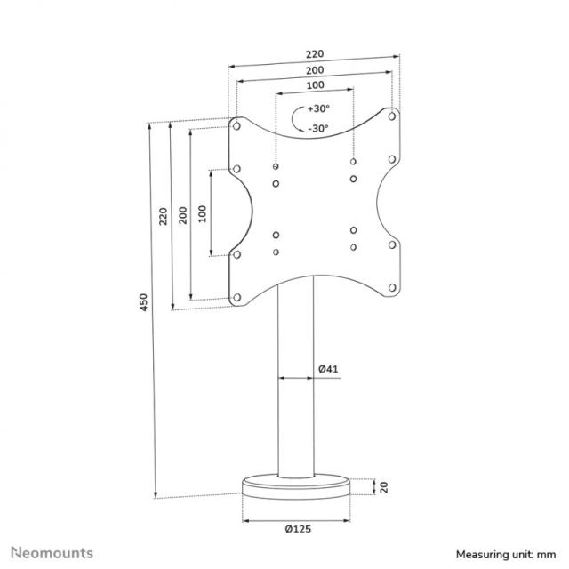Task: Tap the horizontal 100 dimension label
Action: pos(315,85)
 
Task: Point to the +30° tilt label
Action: pos(318,108)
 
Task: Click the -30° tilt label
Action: pos(317,128)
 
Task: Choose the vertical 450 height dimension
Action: pos(144,303)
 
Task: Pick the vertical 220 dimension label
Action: pos(163,216)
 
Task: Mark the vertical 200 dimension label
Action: pos(182,216)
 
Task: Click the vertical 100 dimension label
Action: pos(202,213)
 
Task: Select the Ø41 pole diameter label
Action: pos(327,367)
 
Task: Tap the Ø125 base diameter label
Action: pos(298,529)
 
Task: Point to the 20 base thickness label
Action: pos(384,486)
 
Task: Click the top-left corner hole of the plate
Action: pos(237,125)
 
